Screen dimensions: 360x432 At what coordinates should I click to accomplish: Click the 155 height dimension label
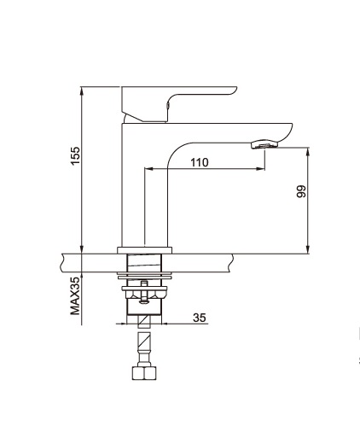tap(76, 155)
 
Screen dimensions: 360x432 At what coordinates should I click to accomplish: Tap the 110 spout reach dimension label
tap(200, 162)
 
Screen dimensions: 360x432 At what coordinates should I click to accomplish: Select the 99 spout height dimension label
tap(301, 191)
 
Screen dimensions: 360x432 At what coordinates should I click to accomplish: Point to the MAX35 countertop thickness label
tap(75, 296)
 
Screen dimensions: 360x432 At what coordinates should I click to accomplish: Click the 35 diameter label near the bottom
tap(199, 318)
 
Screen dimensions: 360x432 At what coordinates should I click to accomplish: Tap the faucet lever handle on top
tap(179, 104)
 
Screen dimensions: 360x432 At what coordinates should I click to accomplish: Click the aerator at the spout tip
tap(264, 144)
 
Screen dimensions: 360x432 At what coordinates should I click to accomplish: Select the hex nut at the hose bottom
tap(144, 373)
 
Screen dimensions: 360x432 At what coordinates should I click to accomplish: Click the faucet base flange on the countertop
tap(145, 250)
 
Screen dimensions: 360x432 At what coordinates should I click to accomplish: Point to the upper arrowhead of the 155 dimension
tap(82, 91)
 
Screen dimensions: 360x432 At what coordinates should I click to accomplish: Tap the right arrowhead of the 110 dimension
tap(260, 169)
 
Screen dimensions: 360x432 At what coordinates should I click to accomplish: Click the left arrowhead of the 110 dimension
tap(149, 169)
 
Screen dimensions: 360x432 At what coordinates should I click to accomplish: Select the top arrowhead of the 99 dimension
tap(308, 152)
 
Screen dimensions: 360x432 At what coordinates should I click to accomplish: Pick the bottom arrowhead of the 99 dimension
tap(308, 248)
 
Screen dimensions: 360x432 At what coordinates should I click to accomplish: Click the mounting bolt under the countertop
tap(144, 293)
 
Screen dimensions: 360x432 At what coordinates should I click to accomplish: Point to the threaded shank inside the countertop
tap(144, 263)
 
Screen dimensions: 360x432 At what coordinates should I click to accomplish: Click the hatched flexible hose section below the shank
tap(144, 342)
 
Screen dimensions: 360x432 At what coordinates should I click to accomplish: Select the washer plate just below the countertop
tap(145, 275)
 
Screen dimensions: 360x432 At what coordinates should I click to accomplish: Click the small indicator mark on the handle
tap(167, 105)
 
